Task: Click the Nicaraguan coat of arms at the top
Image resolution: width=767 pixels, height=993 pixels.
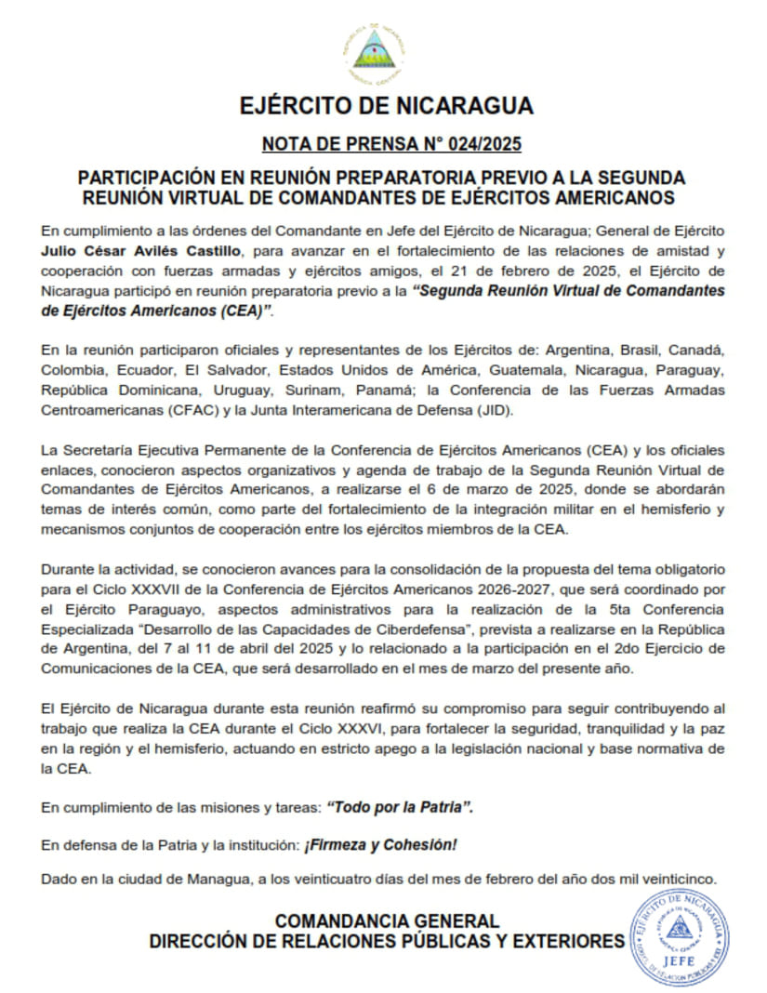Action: click(375, 54)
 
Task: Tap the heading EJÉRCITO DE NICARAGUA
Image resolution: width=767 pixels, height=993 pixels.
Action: click(387, 104)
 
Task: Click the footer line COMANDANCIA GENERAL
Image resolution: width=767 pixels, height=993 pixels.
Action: click(387, 920)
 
